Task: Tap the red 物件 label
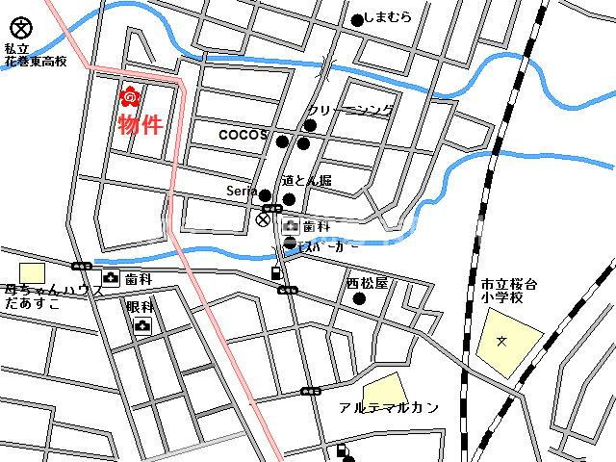[140, 124]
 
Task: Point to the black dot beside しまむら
[357, 19]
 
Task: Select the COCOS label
[243, 135]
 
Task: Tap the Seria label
[241, 191]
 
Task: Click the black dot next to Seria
[266, 195]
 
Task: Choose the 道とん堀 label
[306, 181]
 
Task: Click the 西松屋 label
[367, 284]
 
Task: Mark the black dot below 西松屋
[360, 299]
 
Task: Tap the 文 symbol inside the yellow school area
[500, 340]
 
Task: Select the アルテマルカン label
[389, 407]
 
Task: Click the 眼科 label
[140, 307]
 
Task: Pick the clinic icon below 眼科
[142, 326]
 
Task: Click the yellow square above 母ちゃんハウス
[33, 273]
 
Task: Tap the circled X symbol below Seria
[262, 219]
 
